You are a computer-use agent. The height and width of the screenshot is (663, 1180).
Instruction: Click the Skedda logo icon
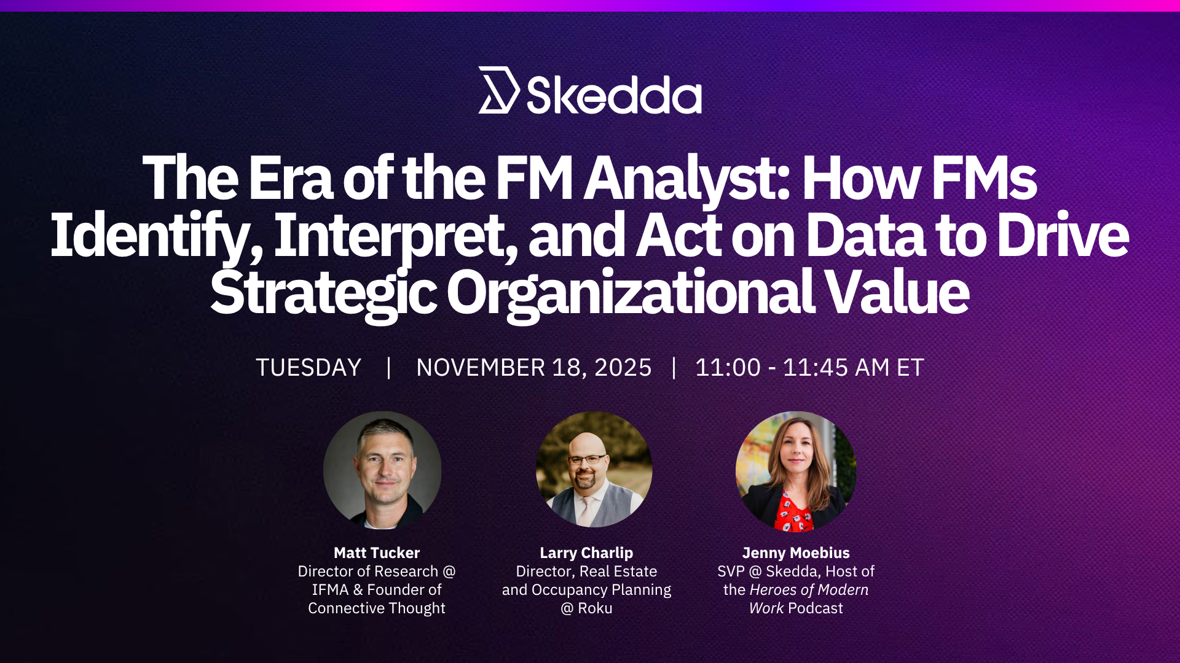tap(498, 90)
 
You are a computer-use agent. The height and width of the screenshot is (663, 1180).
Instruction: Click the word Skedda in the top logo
tap(614, 95)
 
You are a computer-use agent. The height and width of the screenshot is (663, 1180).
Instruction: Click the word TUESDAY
tap(309, 368)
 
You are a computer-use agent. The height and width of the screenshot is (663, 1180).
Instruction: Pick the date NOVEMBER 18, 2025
tap(533, 368)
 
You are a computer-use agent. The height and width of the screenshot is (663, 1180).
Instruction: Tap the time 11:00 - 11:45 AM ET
tap(809, 368)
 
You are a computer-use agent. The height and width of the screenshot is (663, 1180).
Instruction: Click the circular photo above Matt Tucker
tap(382, 470)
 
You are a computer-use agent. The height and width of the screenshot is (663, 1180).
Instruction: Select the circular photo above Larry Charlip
tap(594, 470)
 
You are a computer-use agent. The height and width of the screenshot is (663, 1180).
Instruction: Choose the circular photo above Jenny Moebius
tap(796, 471)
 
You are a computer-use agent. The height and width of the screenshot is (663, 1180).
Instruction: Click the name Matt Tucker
tap(377, 553)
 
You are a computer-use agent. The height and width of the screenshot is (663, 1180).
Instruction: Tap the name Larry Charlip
tap(586, 553)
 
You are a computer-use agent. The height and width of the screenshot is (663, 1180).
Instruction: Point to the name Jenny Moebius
tap(796, 553)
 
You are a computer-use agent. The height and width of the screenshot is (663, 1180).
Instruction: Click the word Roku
tap(595, 608)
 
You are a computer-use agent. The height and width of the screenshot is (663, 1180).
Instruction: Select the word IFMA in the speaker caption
tap(330, 590)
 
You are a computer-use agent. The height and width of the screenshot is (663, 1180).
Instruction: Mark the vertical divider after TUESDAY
tap(388, 368)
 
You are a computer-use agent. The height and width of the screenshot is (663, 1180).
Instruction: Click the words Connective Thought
tap(377, 608)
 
